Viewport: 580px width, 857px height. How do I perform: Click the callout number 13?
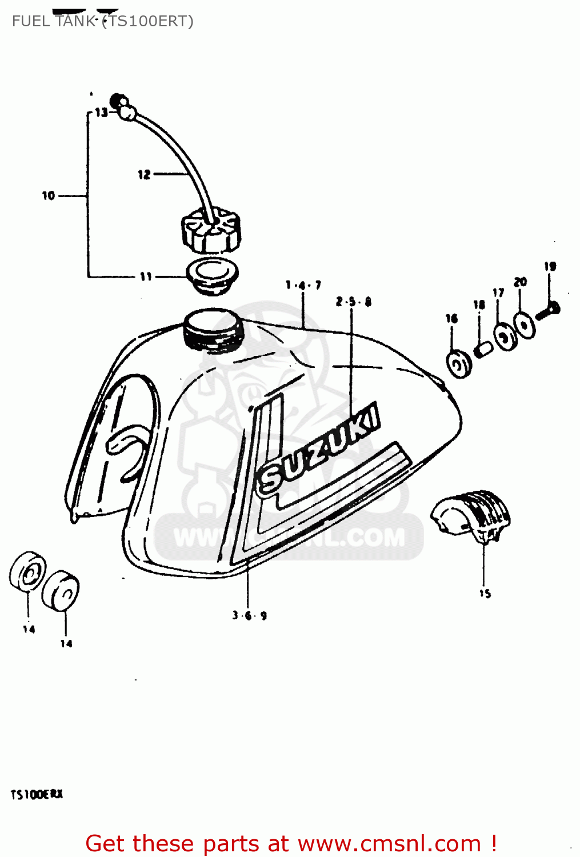point(101,113)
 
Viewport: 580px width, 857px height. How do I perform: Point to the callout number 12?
point(144,174)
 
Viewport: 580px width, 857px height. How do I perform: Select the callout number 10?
point(49,195)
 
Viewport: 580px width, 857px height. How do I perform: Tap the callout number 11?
point(146,277)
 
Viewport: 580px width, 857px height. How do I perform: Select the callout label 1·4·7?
point(303,285)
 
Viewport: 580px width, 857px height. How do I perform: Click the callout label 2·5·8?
point(354,301)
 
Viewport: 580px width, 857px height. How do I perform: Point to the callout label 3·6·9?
point(250,615)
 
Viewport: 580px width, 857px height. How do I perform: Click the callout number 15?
point(485,594)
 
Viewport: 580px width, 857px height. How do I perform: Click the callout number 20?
point(520,282)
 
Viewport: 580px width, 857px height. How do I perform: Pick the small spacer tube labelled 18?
point(483,348)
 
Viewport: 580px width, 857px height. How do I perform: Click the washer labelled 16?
point(459,363)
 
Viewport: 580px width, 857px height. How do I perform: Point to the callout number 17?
point(498,293)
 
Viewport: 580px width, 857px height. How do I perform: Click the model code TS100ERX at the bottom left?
point(37,794)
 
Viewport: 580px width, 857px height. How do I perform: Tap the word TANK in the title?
point(75,21)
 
